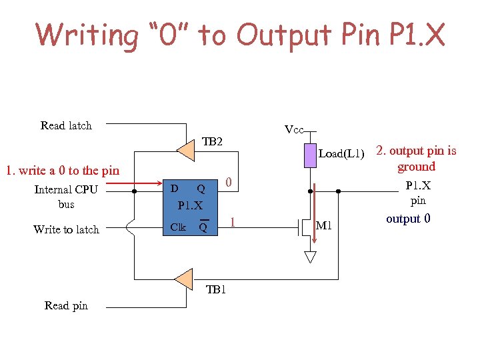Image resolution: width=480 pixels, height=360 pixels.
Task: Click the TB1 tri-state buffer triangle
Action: (x=183, y=279)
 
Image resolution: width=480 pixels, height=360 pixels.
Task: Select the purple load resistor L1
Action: (x=310, y=155)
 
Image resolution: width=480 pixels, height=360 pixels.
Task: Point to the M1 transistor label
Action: (x=324, y=227)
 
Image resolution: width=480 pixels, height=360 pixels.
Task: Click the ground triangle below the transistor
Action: (x=310, y=256)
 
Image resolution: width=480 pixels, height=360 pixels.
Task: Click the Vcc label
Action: (x=293, y=129)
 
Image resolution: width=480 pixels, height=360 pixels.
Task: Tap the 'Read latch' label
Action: (x=66, y=125)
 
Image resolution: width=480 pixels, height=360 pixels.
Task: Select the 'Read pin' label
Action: (x=66, y=305)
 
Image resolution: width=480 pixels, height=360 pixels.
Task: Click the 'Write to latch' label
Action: (x=66, y=229)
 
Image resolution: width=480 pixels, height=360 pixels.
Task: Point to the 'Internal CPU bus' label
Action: (x=66, y=197)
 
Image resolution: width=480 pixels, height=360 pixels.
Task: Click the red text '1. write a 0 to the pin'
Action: (x=62, y=171)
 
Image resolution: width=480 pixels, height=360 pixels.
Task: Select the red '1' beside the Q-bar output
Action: (x=233, y=221)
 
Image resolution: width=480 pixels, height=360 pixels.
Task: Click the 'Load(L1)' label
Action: (x=342, y=154)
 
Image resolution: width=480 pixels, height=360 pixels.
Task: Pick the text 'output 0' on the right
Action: (x=408, y=219)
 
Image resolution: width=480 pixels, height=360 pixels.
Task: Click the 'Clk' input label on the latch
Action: (x=178, y=227)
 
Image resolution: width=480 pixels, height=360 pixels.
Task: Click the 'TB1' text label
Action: (x=216, y=290)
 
